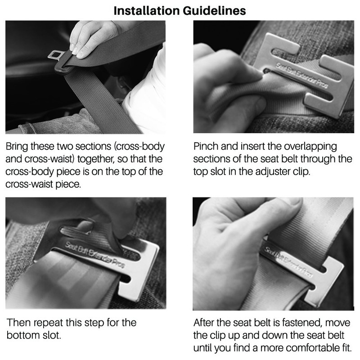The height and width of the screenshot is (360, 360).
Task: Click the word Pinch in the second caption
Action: (206, 147)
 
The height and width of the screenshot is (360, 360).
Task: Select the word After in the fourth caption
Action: (206, 323)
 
